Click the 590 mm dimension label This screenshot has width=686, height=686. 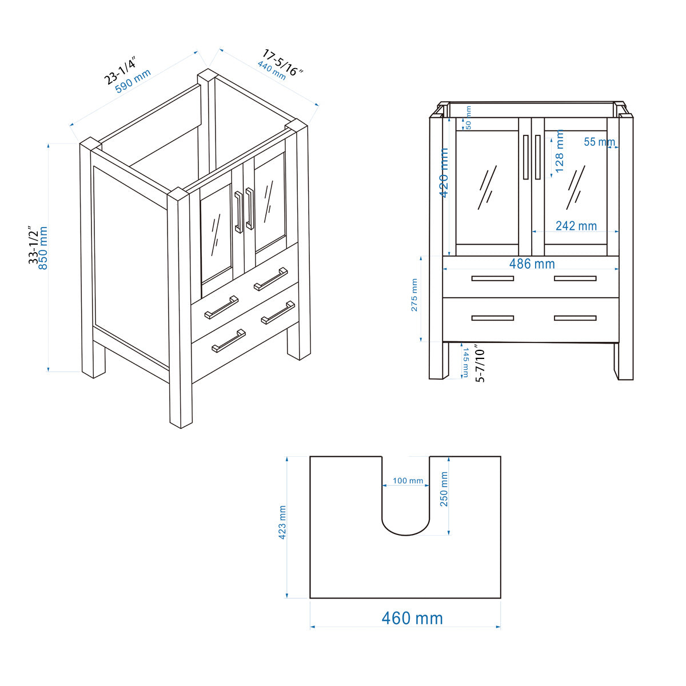(x=133, y=81)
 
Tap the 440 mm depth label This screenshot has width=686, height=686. (x=271, y=70)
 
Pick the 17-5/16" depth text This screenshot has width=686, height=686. (x=282, y=62)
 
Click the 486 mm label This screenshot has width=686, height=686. (x=532, y=264)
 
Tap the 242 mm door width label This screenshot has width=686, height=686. (x=576, y=226)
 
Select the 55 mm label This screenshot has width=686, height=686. (x=599, y=142)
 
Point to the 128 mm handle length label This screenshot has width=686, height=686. (x=559, y=151)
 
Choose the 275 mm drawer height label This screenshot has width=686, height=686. (x=414, y=295)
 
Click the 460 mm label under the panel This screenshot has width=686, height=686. (x=412, y=618)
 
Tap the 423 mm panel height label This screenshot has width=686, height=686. (x=282, y=523)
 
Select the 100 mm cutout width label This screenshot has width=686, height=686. (x=408, y=481)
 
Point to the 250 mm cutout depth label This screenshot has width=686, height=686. (x=444, y=489)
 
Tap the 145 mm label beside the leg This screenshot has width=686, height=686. (x=465, y=362)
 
